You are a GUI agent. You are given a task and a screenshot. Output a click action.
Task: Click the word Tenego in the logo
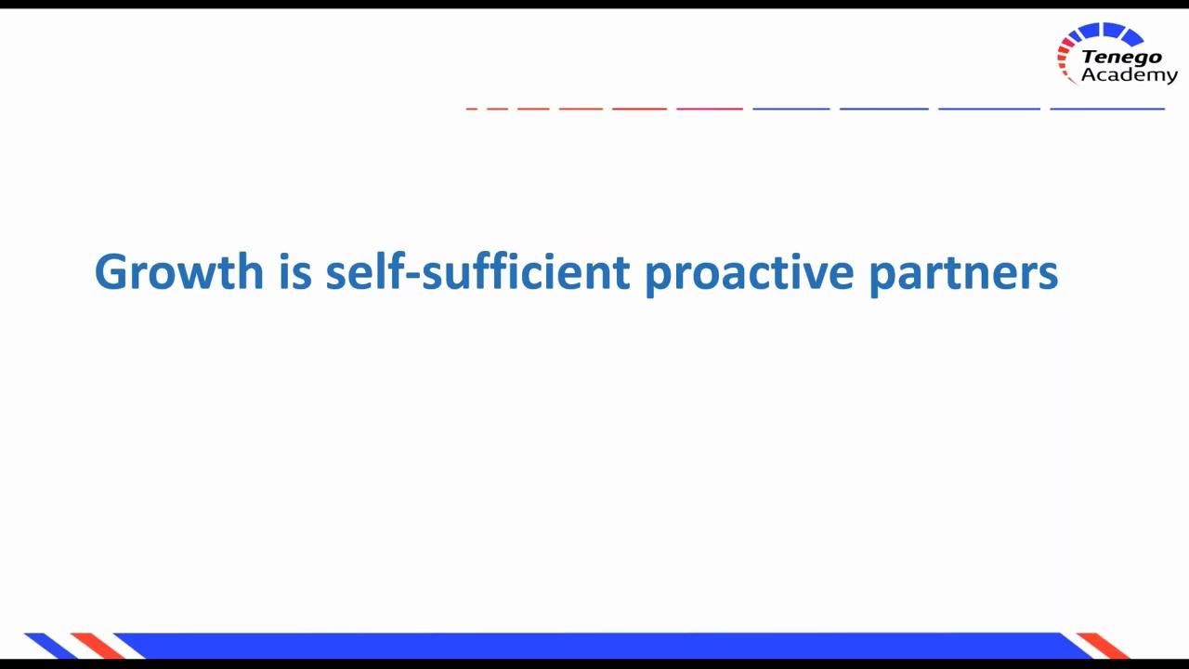[1121, 58]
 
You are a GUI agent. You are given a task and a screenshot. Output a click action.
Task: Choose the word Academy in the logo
[1129, 76]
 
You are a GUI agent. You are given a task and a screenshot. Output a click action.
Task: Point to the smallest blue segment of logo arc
[1075, 36]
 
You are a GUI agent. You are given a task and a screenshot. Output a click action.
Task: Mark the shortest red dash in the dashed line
[471, 109]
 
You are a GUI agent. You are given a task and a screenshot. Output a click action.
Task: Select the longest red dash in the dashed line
[710, 109]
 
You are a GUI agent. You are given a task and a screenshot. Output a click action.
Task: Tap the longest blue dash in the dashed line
[1107, 109]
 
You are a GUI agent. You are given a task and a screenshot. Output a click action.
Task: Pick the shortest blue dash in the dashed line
[790, 109]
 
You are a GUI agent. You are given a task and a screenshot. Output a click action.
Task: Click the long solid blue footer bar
[594, 645]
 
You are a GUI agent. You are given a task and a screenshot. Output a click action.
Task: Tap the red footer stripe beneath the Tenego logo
[1104, 645]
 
